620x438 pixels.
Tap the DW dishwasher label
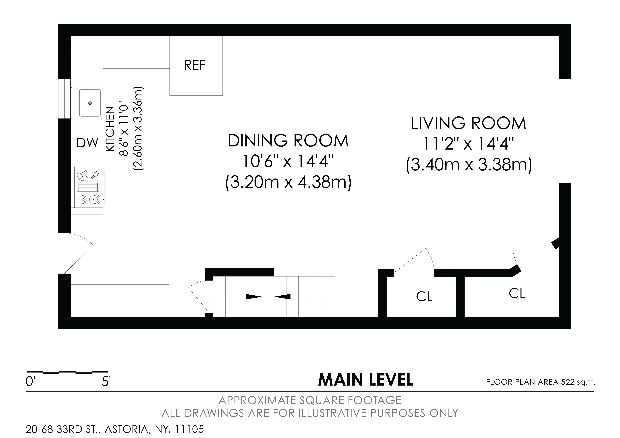point(87,143)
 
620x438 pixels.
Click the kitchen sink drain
point(90,103)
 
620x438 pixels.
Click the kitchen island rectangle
point(176,161)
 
